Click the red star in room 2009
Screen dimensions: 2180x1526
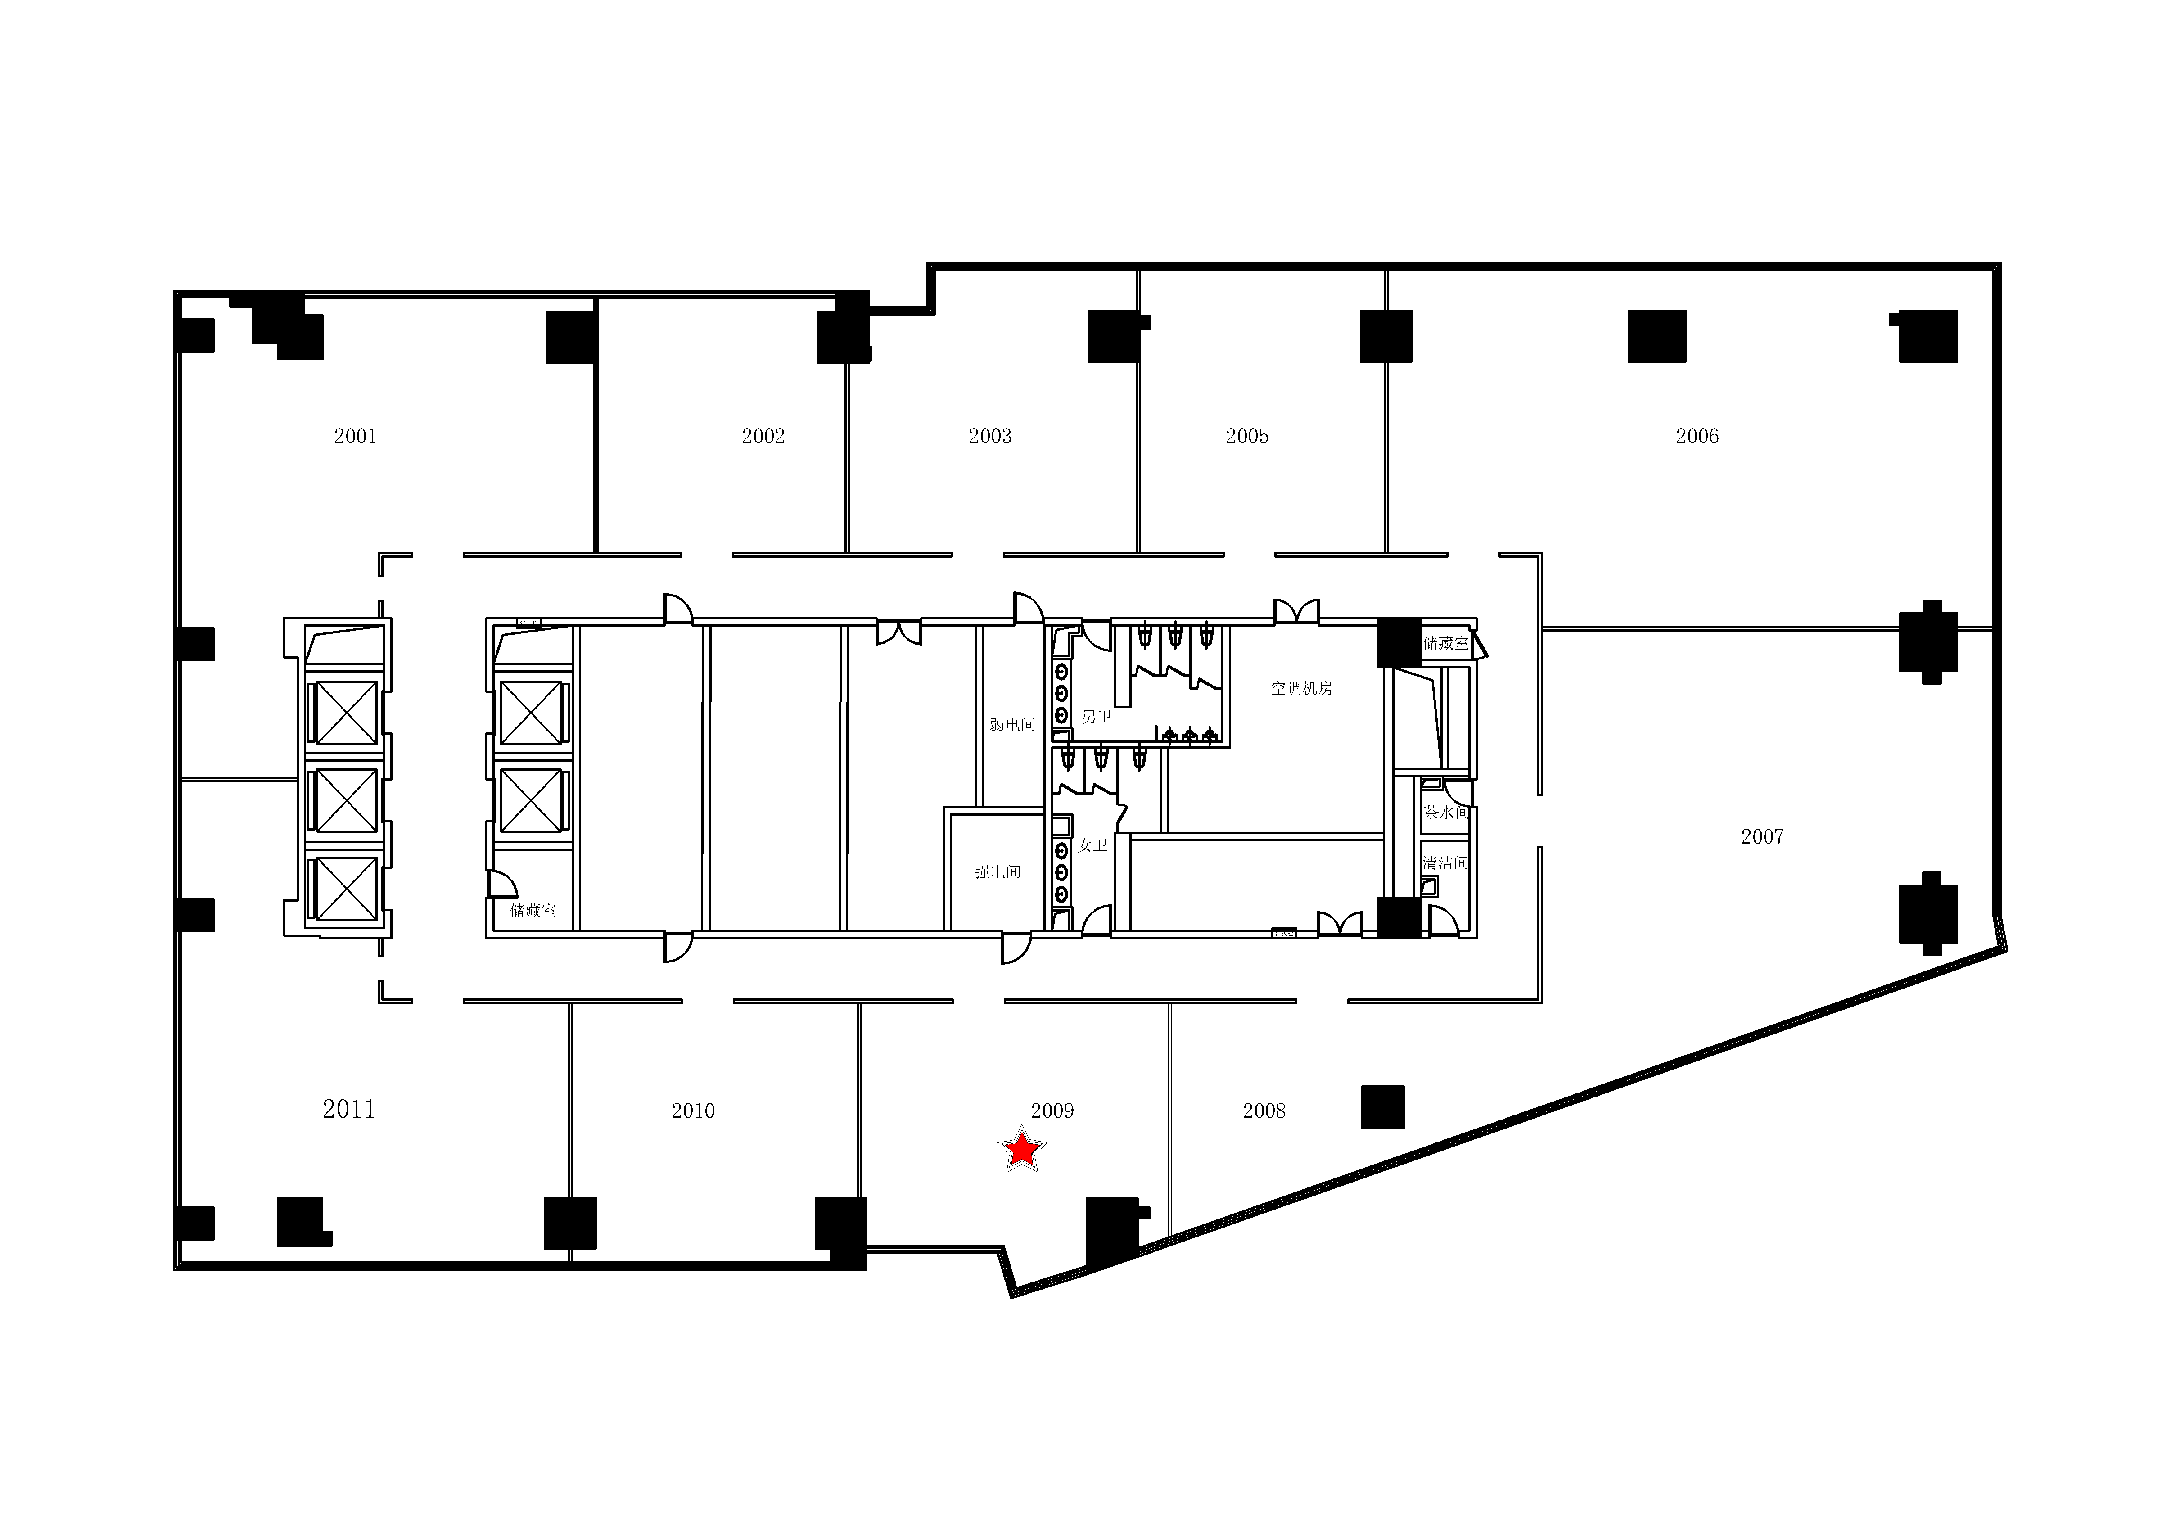click(x=1022, y=1150)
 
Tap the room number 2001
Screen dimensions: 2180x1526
click(x=355, y=436)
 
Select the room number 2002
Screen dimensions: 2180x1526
click(x=763, y=436)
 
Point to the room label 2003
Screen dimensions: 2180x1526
click(x=990, y=436)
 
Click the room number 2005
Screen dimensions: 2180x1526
click(x=1247, y=436)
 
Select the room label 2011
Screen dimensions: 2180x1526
click(x=348, y=1109)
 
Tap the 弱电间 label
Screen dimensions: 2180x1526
click(x=1012, y=725)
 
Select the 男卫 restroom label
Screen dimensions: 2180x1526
click(x=1097, y=717)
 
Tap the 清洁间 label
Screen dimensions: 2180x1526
click(x=1445, y=862)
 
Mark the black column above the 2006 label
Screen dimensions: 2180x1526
click(x=1657, y=336)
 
